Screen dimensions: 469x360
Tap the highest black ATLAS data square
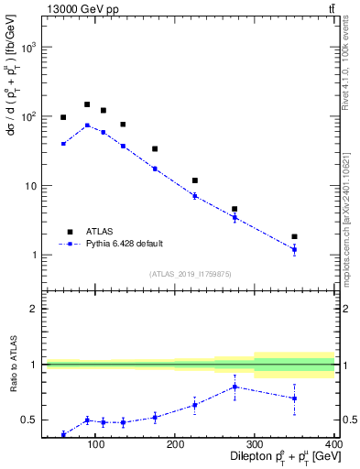tap(87, 104)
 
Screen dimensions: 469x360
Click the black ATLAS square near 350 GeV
tap(294, 236)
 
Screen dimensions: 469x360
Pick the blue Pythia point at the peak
tap(87, 125)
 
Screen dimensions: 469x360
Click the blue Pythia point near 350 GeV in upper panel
tap(294, 249)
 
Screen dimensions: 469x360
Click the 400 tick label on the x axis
tap(334, 444)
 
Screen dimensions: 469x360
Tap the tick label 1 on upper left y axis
tap(34, 255)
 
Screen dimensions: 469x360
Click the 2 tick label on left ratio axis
tap(34, 309)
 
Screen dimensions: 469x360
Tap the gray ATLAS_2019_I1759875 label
tap(191, 273)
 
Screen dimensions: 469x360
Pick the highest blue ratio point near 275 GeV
tap(235, 387)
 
